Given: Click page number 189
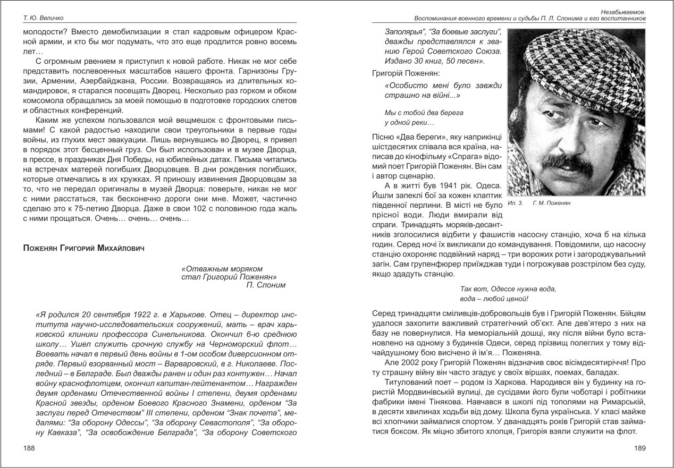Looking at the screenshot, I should (639, 448).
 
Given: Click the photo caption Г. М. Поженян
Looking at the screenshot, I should (551, 203).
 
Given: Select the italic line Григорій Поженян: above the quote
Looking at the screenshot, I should (399, 73).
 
